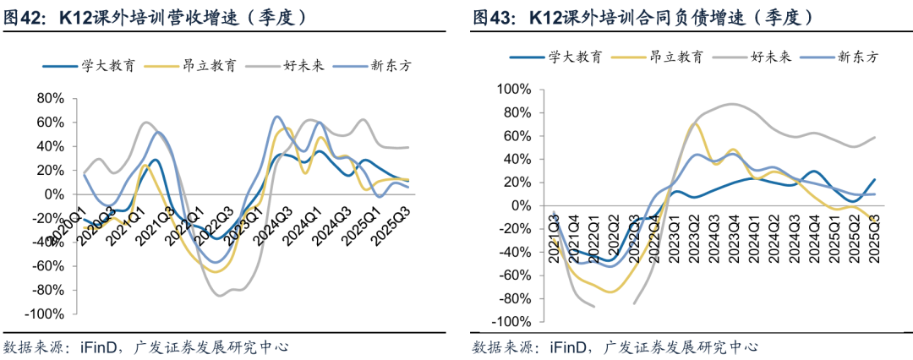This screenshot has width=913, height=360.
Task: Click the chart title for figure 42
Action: [156, 16]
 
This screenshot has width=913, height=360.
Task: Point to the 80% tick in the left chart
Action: [49, 98]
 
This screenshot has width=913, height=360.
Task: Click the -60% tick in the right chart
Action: [515, 275]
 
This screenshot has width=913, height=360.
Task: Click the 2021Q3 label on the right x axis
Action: [555, 238]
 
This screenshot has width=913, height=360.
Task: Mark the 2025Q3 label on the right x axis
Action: [877, 238]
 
